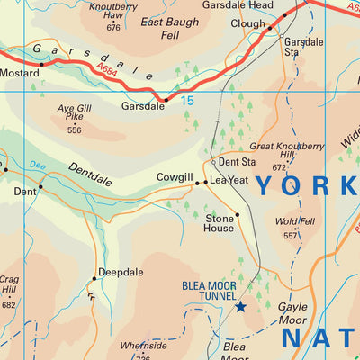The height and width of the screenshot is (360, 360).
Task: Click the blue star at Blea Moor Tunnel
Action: (x=240, y=307)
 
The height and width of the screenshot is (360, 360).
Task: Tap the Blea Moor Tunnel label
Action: (x=209, y=291)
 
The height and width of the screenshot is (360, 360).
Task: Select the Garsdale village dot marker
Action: (x=165, y=99)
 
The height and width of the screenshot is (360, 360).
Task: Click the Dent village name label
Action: (x=24, y=192)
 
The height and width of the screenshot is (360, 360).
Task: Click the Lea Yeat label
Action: (x=229, y=180)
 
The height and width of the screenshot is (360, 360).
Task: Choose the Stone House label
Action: (x=219, y=223)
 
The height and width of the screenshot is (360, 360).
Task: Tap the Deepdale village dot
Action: (x=94, y=278)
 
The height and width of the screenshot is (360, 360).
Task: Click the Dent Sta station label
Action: (x=237, y=162)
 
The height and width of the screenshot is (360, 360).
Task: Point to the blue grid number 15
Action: (x=187, y=101)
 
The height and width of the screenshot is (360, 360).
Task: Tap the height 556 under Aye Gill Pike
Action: (x=74, y=130)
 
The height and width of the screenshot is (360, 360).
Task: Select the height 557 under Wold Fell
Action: (x=290, y=236)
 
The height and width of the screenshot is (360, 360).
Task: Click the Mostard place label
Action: (x=19, y=71)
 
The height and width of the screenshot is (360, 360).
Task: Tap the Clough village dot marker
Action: (x=269, y=29)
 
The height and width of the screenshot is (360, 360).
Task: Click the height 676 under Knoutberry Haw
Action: (x=112, y=28)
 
